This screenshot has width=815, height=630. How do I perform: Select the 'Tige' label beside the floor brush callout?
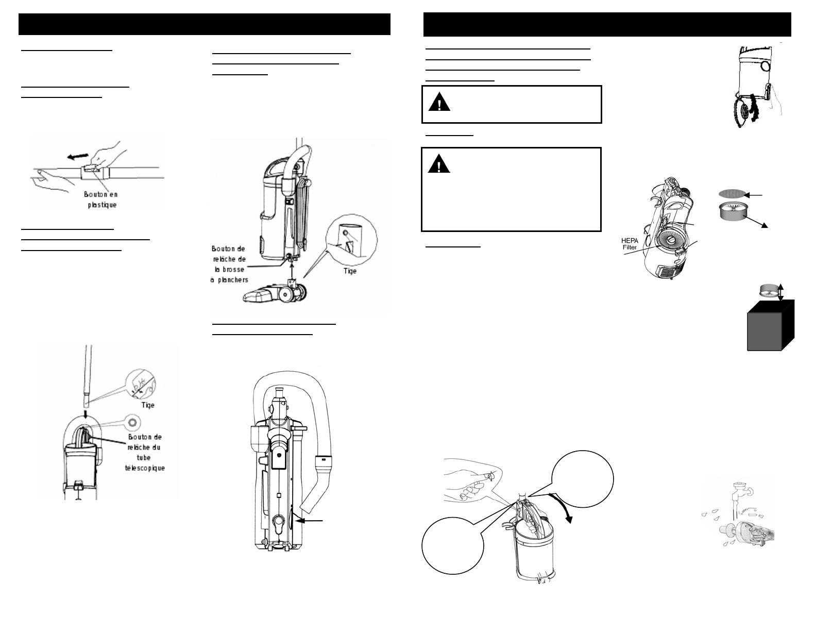[350, 271]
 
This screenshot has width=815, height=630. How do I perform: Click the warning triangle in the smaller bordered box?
[439, 103]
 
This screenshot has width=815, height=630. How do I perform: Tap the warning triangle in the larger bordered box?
[439, 163]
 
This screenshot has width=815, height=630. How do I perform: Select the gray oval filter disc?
[732, 194]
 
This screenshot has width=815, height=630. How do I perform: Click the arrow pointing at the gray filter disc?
[754, 195]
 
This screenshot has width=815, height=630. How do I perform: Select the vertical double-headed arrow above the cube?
[780, 292]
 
